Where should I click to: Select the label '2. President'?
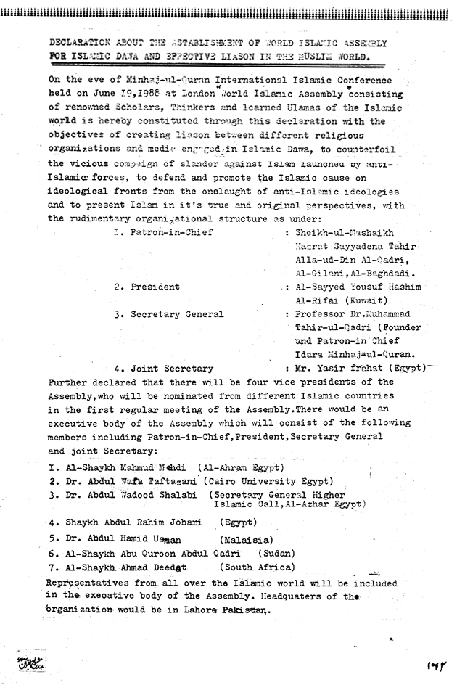(147, 287)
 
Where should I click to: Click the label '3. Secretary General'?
(168, 314)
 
